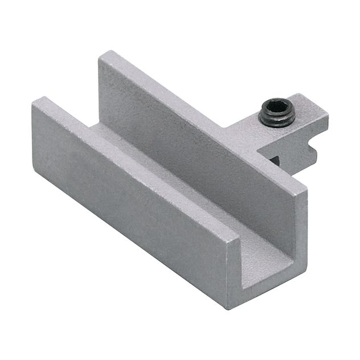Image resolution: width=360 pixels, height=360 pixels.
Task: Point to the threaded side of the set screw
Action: tap(277, 119)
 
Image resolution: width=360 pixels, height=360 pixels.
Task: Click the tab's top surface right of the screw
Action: tap(308, 114)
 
